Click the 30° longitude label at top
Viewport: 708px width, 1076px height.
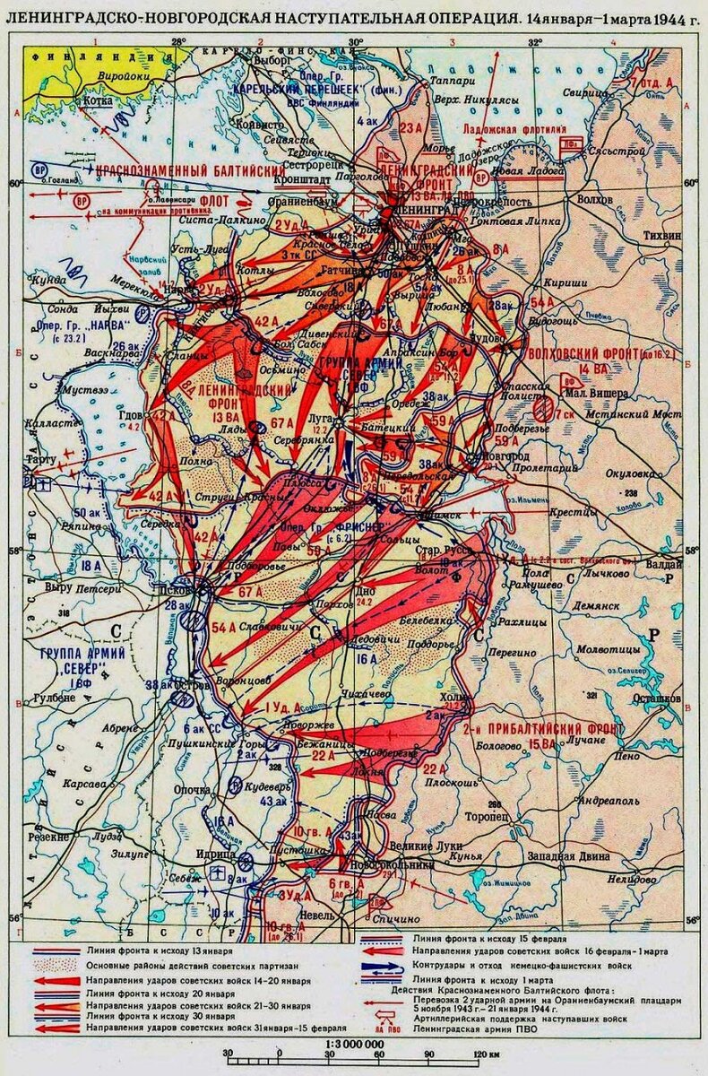(355, 41)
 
